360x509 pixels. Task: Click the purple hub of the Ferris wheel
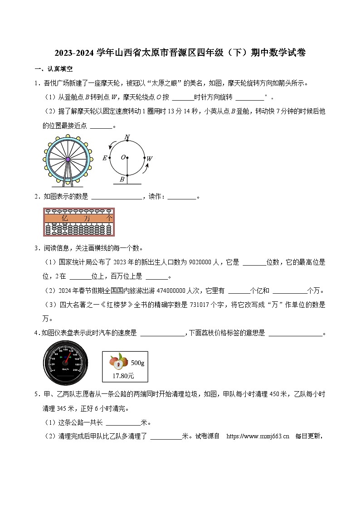68,159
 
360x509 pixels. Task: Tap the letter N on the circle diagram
127,137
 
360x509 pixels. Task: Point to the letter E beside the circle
105,158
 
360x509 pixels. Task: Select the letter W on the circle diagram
150,159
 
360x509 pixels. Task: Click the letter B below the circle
122,179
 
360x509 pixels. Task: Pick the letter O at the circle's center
123,157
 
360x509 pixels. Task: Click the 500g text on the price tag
137,363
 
